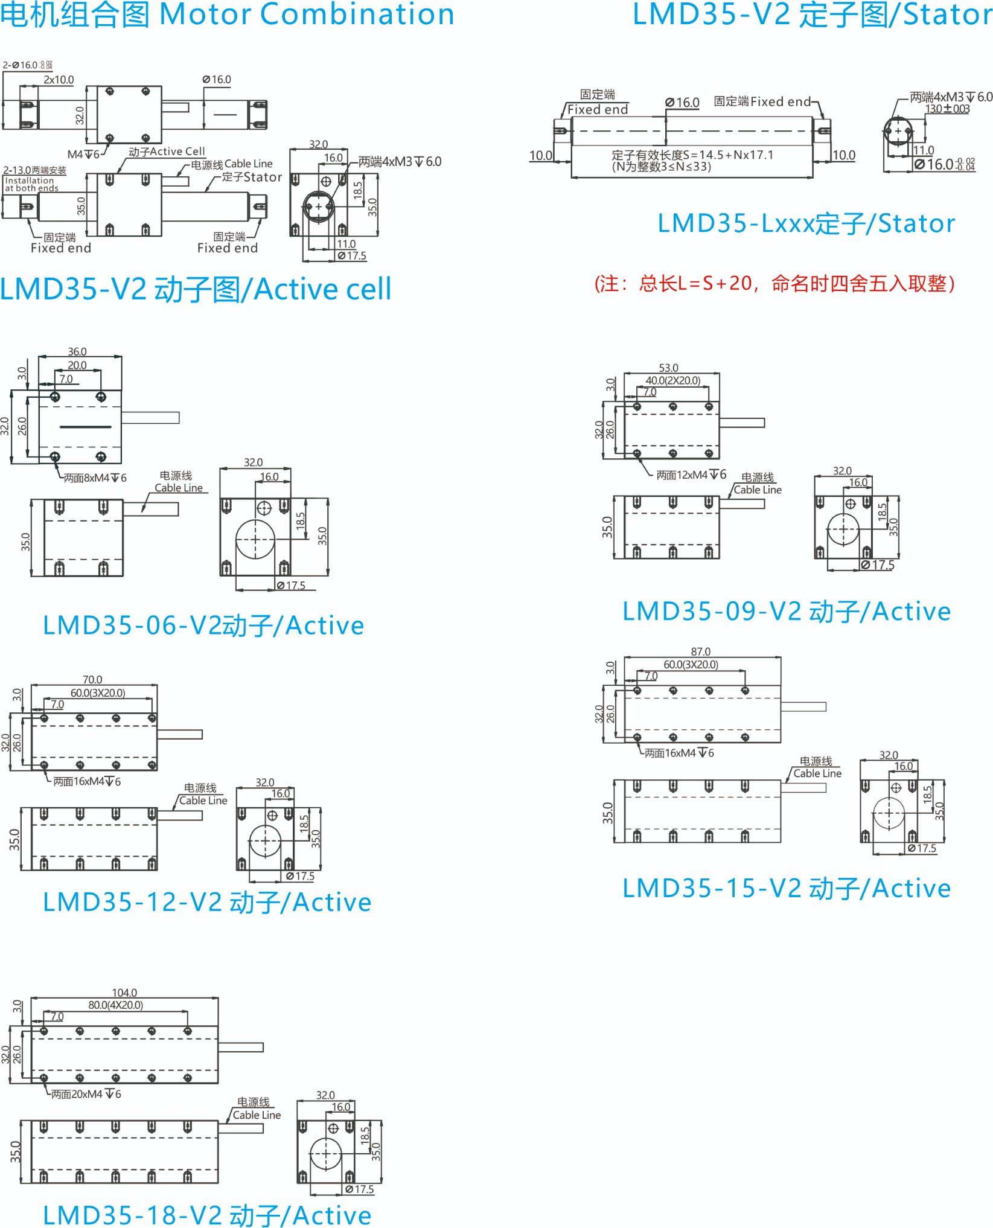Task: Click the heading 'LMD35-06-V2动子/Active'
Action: point(203,625)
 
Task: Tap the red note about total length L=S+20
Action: point(774,283)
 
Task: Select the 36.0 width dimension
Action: point(77,351)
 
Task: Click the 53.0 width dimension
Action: point(668,368)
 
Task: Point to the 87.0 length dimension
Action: point(700,651)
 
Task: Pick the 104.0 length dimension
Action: point(124,993)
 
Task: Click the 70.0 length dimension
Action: point(92,679)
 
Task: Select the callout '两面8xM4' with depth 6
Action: point(95,478)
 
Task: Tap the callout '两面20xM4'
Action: point(86,1094)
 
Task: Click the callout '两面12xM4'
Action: point(691,475)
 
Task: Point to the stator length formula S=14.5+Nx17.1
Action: point(692,155)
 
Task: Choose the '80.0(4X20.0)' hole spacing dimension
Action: point(115,1005)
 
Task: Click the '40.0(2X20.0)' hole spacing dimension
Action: point(673,380)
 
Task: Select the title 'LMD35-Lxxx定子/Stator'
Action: point(806,223)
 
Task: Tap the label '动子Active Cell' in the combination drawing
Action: point(167,152)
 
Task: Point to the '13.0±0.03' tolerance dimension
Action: point(947,109)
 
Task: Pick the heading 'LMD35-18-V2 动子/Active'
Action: point(207,1215)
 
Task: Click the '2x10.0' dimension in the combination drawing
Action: point(59,80)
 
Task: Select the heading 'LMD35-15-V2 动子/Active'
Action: point(787,888)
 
